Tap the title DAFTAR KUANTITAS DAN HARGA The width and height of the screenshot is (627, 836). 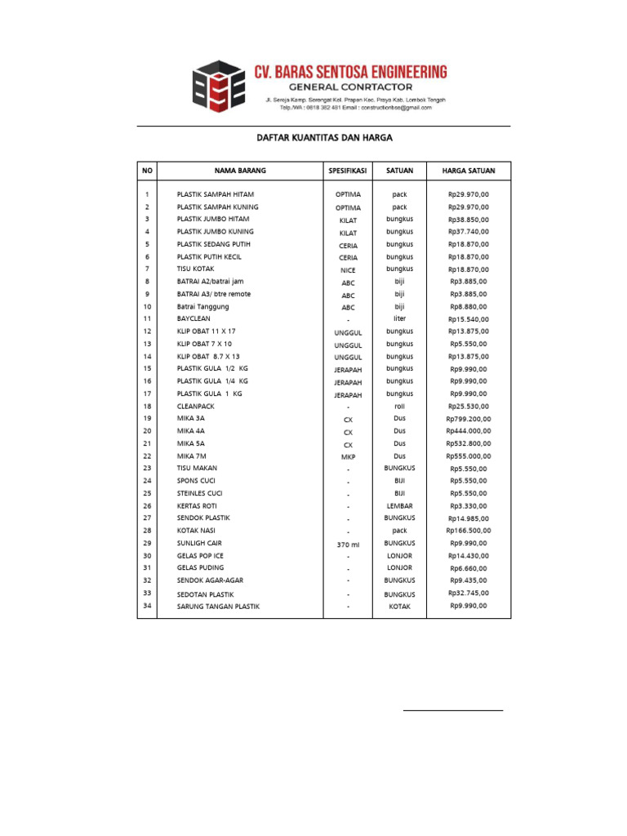(318, 138)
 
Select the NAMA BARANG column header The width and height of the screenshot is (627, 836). (240, 171)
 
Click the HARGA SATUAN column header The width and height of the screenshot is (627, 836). (468, 171)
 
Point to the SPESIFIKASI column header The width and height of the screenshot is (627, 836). (348, 171)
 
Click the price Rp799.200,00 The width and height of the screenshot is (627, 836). (468, 419)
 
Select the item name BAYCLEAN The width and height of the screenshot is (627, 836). (193, 318)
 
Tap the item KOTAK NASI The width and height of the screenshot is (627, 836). (198, 531)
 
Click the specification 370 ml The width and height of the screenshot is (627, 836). (348, 544)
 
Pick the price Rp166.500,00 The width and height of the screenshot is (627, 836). (468, 531)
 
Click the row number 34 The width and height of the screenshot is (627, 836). (147, 606)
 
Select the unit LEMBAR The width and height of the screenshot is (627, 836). (399, 506)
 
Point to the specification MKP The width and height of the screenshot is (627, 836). (348, 457)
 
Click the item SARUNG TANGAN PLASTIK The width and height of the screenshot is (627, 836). (218, 607)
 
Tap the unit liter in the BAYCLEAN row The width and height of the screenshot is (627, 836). (399, 318)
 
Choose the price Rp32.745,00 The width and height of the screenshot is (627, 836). (468, 594)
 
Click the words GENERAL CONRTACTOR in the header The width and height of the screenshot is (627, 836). (350, 87)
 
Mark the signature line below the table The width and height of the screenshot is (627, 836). (453, 710)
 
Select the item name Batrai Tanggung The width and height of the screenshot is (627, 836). (202, 307)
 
